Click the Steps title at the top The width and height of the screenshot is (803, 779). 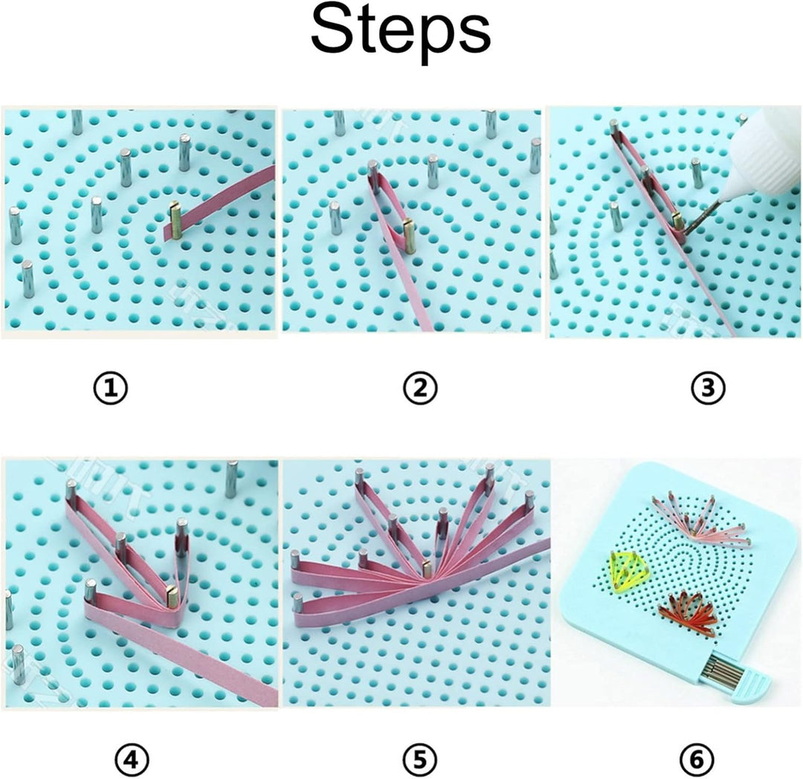click(401, 31)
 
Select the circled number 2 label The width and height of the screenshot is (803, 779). click(419, 387)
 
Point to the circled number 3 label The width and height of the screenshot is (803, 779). click(707, 387)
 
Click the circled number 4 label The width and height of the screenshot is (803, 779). click(132, 759)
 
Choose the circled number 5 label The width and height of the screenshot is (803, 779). click(419, 759)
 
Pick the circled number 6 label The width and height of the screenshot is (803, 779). click(697, 759)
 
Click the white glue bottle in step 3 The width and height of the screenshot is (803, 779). click(762, 152)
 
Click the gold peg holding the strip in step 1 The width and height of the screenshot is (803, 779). click(175, 221)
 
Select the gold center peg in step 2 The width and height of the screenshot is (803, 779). click(409, 236)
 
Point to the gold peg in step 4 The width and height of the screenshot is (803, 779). click(172, 595)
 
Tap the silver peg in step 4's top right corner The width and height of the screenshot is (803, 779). click(232, 479)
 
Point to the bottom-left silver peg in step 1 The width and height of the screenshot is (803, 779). click(28, 279)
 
